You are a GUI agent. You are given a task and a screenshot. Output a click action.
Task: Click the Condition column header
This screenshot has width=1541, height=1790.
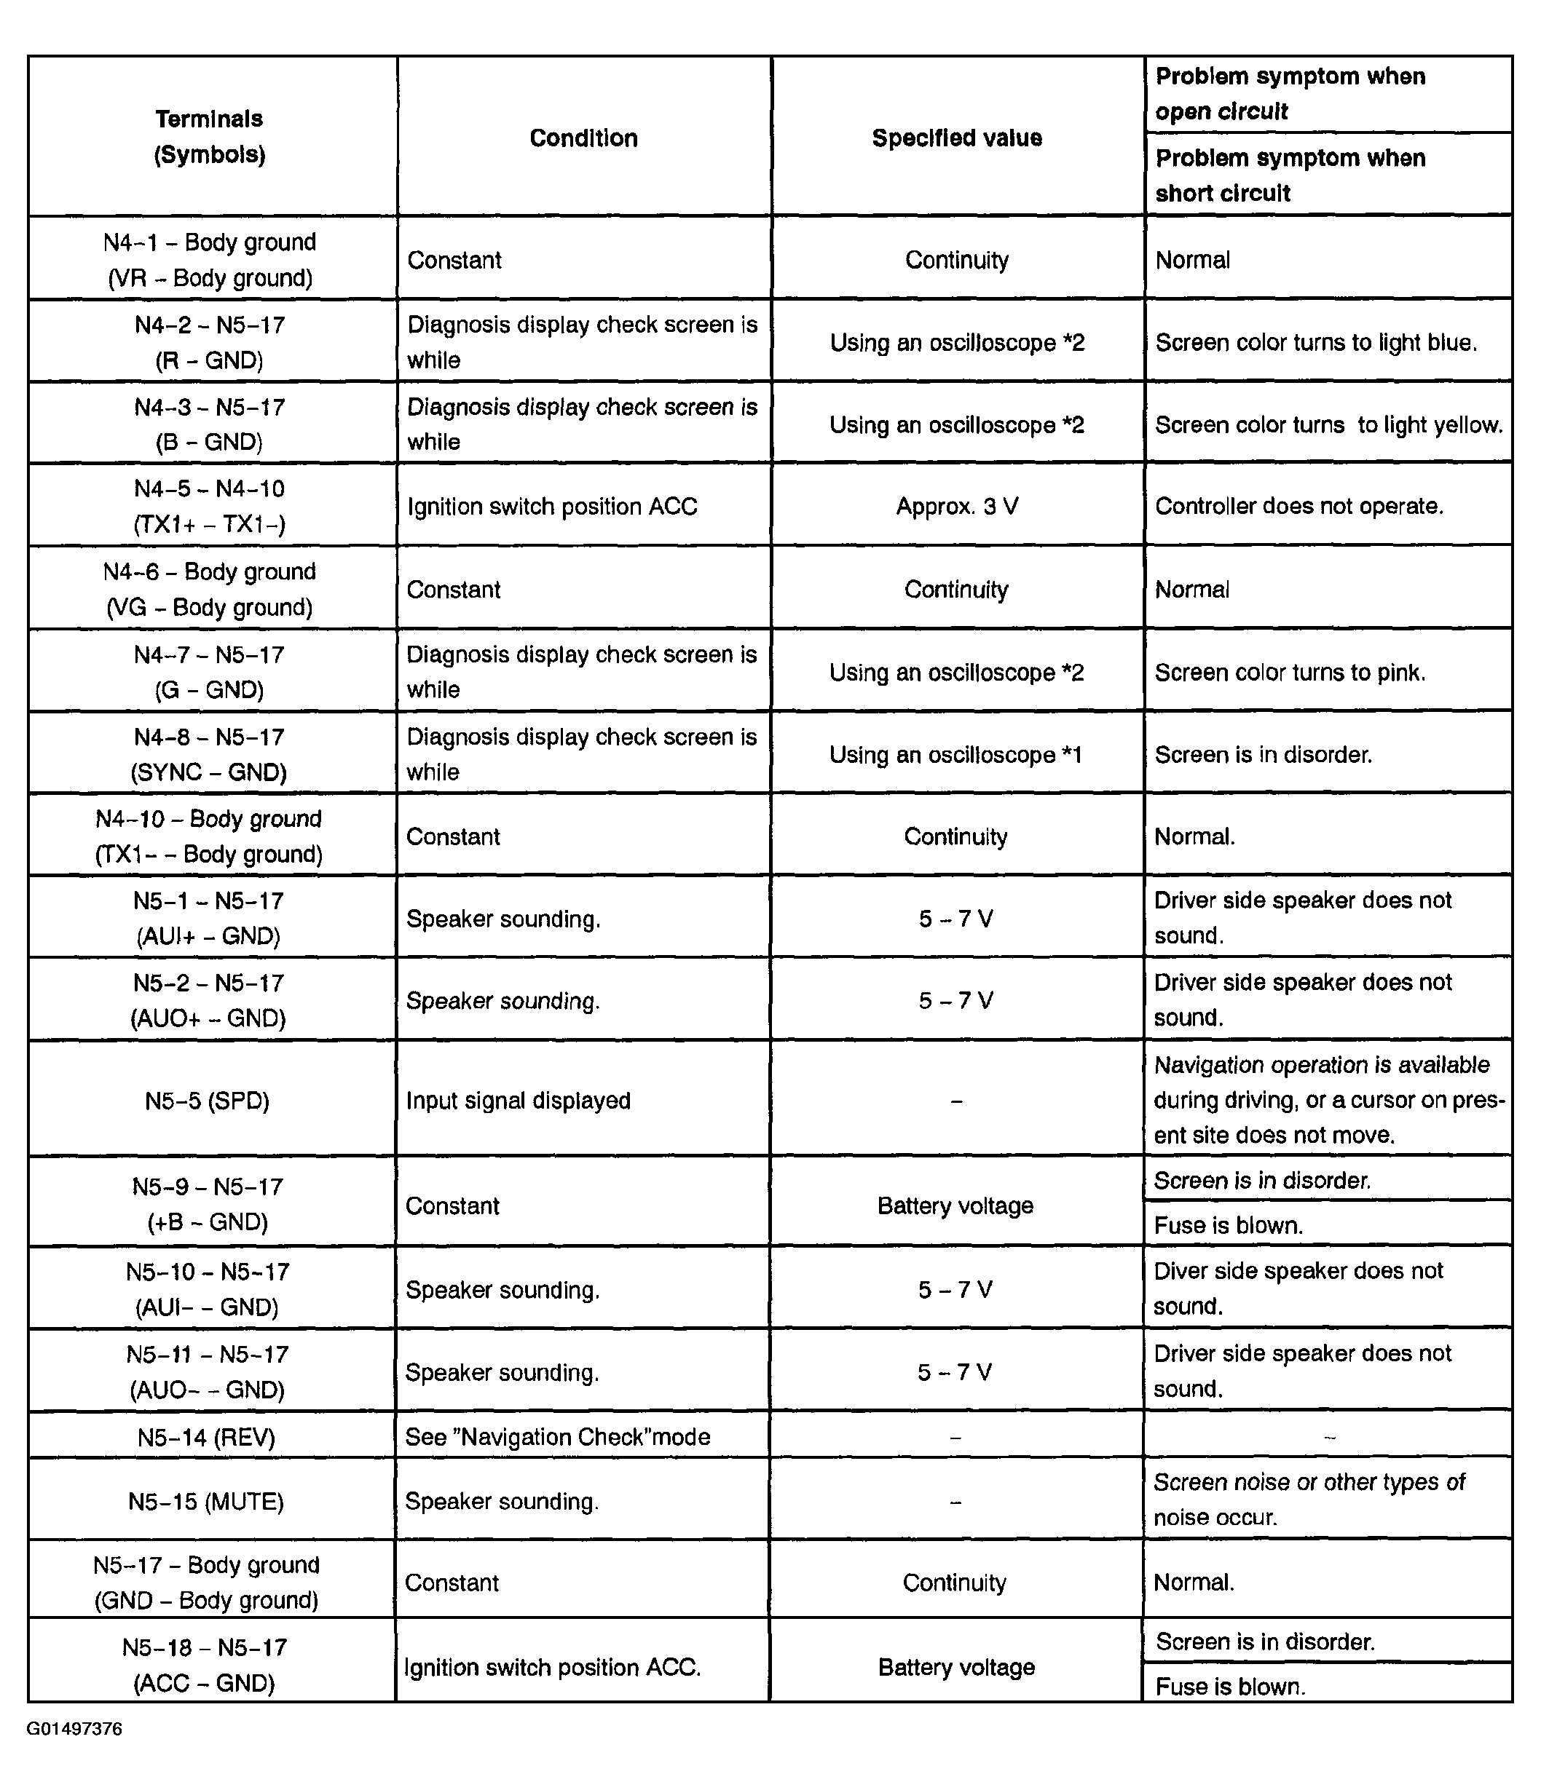click(x=583, y=138)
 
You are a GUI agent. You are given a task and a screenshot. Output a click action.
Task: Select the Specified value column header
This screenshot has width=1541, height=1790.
click(x=957, y=138)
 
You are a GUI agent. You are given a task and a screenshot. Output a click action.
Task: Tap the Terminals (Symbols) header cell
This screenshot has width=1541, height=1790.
click(x=210, y=137)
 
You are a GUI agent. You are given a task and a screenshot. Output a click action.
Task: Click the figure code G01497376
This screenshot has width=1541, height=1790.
click(x=74, y=1729)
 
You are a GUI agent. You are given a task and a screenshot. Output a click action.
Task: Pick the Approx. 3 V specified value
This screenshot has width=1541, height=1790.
click(x=957, y=506)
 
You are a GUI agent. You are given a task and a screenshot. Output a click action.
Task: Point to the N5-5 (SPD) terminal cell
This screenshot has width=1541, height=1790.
click(x=208, y=1101)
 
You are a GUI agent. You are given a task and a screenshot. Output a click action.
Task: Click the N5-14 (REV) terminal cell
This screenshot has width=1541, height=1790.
click(x=207, y=1437)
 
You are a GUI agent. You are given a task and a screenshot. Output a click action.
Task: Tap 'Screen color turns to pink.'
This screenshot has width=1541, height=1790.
click(x=1290, y=672)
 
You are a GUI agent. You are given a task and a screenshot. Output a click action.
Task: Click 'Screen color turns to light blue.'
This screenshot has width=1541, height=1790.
click(x=1315, y=343)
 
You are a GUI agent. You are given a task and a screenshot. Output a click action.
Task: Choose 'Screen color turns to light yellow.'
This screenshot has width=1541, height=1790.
click(x=1328, y=425)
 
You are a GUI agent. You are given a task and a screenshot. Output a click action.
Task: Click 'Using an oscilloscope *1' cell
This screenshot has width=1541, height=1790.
click(x=956, y=755)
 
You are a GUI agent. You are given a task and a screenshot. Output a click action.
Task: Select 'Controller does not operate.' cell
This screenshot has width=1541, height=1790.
click(x=1299, y=506)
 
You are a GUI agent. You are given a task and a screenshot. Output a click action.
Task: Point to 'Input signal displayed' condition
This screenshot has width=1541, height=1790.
click(x=519, y=1101)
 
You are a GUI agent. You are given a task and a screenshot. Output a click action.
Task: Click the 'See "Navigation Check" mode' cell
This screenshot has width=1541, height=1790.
click(x=557, y=1437)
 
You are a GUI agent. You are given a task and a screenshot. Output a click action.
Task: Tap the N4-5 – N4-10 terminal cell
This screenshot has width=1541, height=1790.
click(x=209, y=506)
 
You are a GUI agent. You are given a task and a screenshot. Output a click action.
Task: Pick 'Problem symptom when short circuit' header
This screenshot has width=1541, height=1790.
click(x=1290, y=175)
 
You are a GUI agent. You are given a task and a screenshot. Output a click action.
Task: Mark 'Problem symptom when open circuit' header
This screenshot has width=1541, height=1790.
click(x=1290, y=93)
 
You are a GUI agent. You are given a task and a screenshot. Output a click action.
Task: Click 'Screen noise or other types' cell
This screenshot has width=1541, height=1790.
click(x=1309, y=1500)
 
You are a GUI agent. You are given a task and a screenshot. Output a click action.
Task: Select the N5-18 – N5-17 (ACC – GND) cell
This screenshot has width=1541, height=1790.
click(x=205, y=1665)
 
